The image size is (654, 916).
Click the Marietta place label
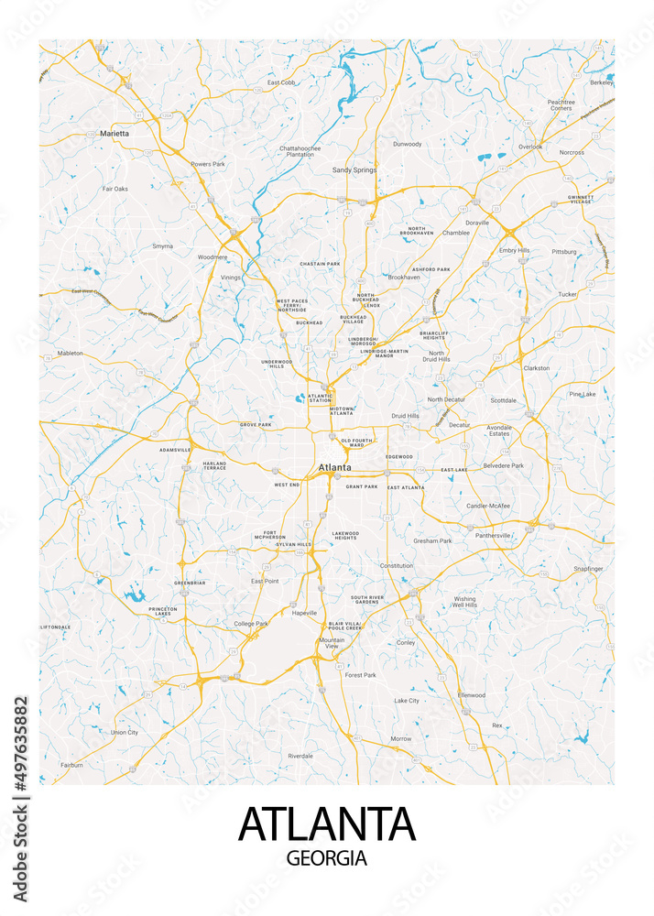coord(114,133)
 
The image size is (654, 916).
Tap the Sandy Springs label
coord(354,169)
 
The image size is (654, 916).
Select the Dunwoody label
coord(407,144)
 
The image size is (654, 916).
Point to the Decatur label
coord(459,425)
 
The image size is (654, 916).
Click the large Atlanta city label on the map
coord(334,467)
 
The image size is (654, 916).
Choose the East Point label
coord(265,581)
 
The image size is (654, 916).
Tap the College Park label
coord(251,624)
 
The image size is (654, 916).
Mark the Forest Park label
coord(360,675)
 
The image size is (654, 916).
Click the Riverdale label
coord(300,756)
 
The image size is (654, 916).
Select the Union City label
coord(125,732)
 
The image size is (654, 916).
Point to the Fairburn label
coord(71,764)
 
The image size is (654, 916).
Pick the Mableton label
coord(71,353)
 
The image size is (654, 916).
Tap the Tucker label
coord(567,294)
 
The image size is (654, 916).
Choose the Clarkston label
coord(536,368)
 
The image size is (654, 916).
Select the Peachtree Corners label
coord(561,104)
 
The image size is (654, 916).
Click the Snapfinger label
coord(588,569)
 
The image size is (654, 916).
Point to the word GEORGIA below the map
coord(327,859)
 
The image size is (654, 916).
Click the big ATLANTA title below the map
coord(327,823)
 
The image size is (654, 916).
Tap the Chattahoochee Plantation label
coord(301,151)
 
